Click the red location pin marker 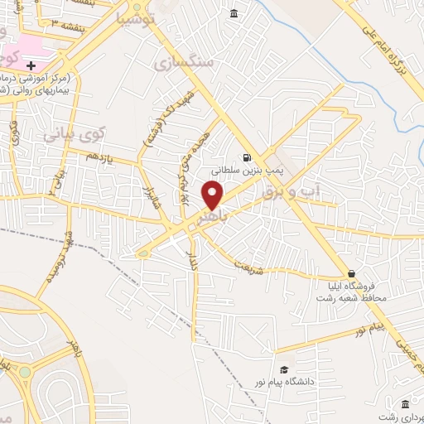point(213,195)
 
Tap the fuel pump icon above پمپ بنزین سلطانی point(246,158)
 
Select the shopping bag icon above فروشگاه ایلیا point(351,273)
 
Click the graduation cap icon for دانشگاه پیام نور point(284,369)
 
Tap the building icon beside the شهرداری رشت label point(405,403)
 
